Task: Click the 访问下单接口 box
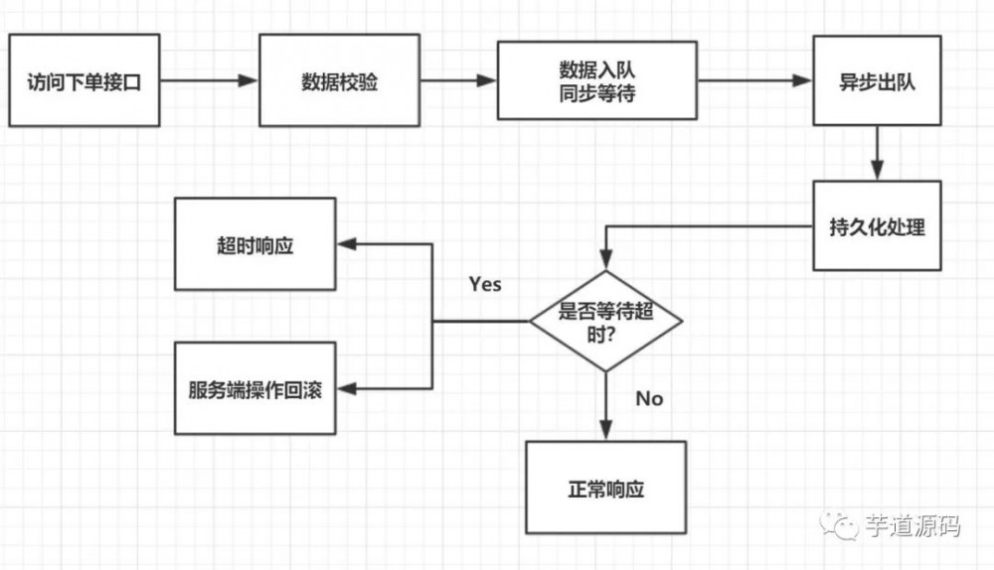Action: coord(83,80)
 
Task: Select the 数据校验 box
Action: coord(339,81)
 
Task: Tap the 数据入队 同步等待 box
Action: coord(596,81)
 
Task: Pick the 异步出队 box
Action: coord(877,81)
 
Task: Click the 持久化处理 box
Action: coord(877,225)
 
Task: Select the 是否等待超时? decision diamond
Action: coord(605,320)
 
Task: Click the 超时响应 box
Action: coord(255,244)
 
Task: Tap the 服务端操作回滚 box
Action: coord(255,388)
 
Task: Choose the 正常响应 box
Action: coord(605,488)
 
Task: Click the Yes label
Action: coord(485,284)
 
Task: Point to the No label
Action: coord(648,398)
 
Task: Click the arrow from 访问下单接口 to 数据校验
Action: coord(209,81)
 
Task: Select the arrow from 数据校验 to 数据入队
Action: coord(458,81)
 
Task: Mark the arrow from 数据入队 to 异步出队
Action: coord(754,81)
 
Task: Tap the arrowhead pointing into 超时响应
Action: coord(346,244)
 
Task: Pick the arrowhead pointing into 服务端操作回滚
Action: coord(346,388)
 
